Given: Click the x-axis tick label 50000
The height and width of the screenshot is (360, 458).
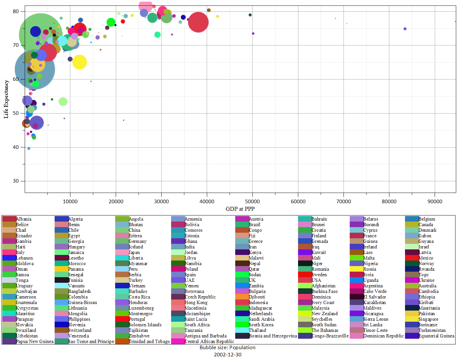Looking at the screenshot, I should pyautogui.click(x=252, y=202).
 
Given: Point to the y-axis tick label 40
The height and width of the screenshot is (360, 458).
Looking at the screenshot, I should pyautogui.click(x=16, y=147).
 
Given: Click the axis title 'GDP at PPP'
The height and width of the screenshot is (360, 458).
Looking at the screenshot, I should pyautogui.click(x=240, y=209).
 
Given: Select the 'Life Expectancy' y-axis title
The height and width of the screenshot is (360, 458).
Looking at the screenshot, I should pyautogui.click(x=6, y=99).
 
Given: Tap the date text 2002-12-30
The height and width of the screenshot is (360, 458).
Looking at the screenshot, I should pyautogui.click(x=228, y=355).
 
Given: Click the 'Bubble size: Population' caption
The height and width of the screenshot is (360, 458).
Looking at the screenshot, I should pyautogui.click(x=228, y=348).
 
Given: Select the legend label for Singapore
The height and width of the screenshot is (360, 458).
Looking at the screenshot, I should pyautogui.click(x=428, y=319).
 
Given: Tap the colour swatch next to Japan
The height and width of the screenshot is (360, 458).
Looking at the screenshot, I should pyautogui.click(x=122, y=252).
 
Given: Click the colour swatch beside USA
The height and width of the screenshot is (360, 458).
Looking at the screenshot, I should pyautogui.click(x=305, y=280).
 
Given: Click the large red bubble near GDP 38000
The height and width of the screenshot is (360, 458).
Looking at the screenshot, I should pyautogui.click(x=198, y=22).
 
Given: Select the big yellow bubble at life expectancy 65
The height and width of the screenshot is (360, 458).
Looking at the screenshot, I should pyautogui.click(x=79, y=62).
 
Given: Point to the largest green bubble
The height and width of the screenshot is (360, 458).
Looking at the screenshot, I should pyautogui.click(x=41, y=35).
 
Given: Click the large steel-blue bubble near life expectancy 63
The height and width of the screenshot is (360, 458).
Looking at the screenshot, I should pyautogui.click(x=35, y=69).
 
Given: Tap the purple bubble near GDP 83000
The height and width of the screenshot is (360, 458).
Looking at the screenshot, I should pyautogui.click(x=405, y=29).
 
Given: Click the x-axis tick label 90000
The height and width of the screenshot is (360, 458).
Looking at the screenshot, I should pyautogui.click(x=435, y=202).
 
